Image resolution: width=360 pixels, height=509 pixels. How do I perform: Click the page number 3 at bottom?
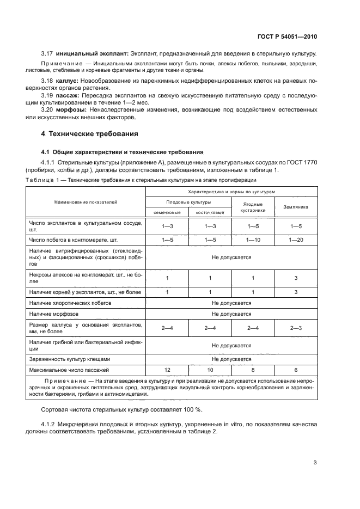click(x=315, y=463)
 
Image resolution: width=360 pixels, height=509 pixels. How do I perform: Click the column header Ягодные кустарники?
click(x=253, y=206)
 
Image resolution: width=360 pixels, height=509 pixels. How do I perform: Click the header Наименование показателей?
click(x=86, y=202)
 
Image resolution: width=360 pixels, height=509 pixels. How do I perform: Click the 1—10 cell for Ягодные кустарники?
click(x=253, y=239)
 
